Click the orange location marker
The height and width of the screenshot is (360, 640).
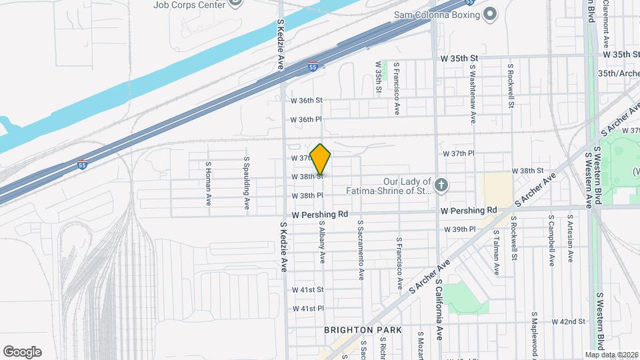click(321, 159)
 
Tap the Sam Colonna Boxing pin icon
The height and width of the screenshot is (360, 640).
click(490, 13)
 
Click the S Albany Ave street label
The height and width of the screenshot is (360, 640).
click(322, 242)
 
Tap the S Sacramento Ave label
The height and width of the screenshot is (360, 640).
click(361, 250)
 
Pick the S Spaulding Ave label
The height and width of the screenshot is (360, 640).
click(246, 181)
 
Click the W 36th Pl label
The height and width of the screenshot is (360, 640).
click(307, 120)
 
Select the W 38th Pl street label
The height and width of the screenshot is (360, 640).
click(307, 196)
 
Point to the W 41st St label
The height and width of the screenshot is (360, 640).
click(307, 290)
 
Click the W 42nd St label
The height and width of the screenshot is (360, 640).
click(568, 321)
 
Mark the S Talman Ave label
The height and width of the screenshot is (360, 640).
click(497, 253)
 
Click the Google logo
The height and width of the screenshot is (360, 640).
click(22, 351)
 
